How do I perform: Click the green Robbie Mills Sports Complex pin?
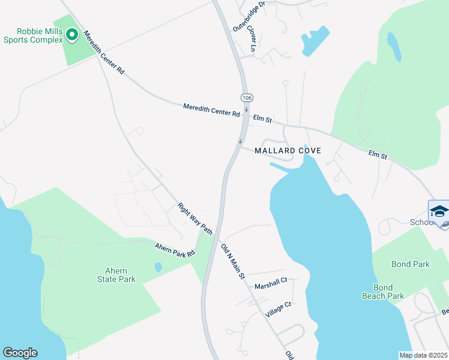tap(72, 35)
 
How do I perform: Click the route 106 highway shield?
tap(247, 97)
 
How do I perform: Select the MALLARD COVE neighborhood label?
tap(288, 151)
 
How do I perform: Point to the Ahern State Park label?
tap(116, 275)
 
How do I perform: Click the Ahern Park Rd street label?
tap(175, 249)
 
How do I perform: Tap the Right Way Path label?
tap(195, 218)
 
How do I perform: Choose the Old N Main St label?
tap(232, 262)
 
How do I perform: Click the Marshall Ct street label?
tap(271, 283)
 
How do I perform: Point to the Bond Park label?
tap(411, 264)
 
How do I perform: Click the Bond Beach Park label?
tap(383, 292)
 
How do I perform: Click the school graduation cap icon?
tap(439, 211)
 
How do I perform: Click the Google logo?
tap(20, 353)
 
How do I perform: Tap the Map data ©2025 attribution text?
tap(423, 355)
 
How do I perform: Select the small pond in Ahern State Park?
tap(157, 267)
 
